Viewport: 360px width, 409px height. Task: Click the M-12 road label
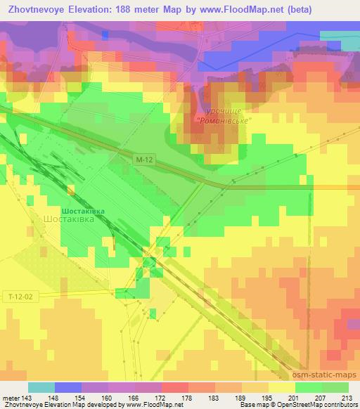coord(144,160)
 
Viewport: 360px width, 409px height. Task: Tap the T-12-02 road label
coord(20,298)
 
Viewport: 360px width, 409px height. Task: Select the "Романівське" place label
coord(224,121)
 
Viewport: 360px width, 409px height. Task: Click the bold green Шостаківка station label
coord(84,209)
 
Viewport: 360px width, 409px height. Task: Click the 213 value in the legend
coord(347,397)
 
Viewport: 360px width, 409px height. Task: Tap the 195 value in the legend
coord(266,397)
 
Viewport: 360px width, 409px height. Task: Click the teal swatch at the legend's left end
coord(41,387)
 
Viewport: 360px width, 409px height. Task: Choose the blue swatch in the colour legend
coord(67,387)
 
